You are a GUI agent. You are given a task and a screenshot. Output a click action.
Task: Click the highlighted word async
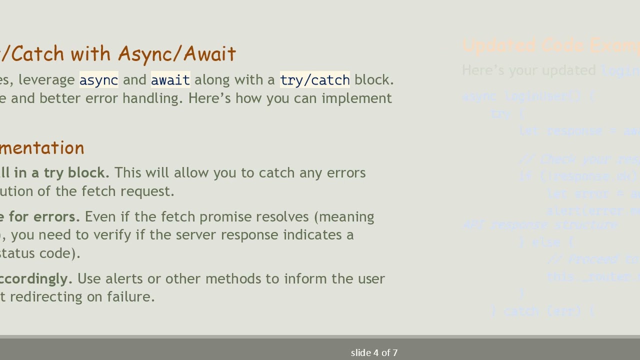pos(98,80)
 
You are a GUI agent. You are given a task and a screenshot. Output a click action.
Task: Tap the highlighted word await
pos(170,80)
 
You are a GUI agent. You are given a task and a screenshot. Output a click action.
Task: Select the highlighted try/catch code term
pos(314,80)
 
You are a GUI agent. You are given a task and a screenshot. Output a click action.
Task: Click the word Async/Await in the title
pos(177,54)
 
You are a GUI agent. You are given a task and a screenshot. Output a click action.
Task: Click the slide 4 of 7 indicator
pos(374,353)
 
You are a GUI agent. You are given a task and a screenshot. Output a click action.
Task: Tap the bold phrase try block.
pos(76,173)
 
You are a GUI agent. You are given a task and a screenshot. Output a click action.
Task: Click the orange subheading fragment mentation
pos(42,148)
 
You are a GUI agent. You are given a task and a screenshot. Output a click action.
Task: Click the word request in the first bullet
pos(151,191)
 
